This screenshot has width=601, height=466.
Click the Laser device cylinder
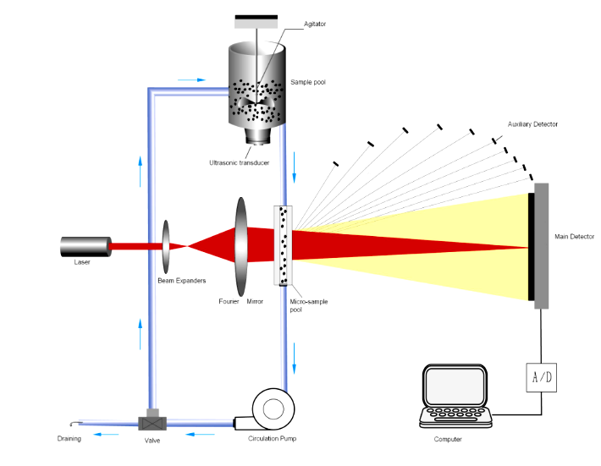click(x=85, y=247)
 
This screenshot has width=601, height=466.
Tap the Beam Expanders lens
click(x=164, y=246)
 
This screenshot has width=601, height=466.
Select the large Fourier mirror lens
click(x=241, y=245)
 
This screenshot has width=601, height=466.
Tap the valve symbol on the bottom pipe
click(x=152, y=420)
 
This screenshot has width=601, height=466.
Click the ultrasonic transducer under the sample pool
click(x=254, y=136)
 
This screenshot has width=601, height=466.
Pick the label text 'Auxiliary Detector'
click(x=532, y=124)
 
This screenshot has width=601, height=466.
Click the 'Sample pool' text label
click(x=308, y=83)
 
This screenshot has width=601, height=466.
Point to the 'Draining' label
click(x=69, y=439)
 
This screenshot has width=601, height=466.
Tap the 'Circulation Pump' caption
click(x=273, y=439)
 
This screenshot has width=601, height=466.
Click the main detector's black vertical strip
click(x=531, y=246)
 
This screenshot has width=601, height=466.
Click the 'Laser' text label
click(x=81, y=262)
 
